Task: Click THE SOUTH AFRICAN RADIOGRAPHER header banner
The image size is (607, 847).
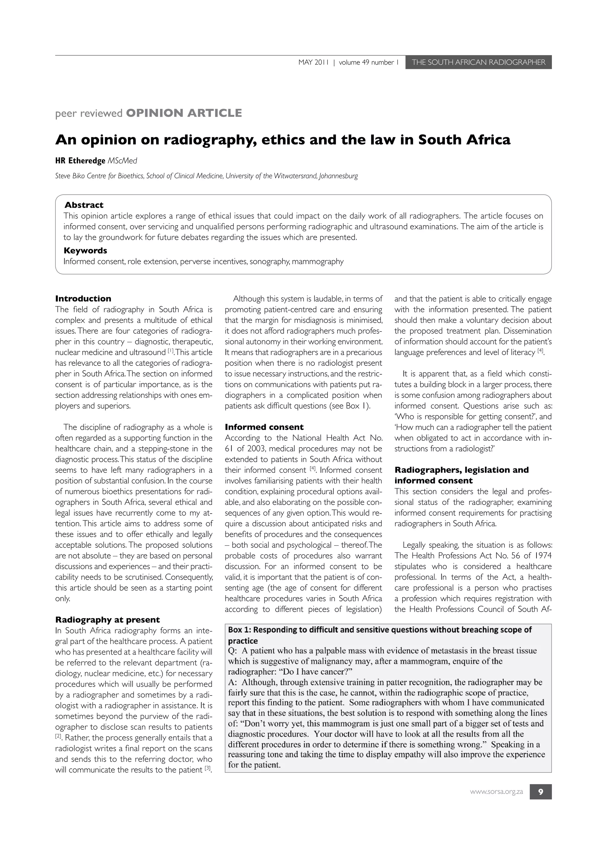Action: [x=478, y=62]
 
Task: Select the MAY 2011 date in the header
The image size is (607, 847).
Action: [x=313, y=62]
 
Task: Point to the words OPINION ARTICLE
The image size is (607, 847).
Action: [x=184, y=113]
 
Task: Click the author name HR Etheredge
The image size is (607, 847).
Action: [x=80, y=161]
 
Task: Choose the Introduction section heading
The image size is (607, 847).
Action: [x=83, y=298]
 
